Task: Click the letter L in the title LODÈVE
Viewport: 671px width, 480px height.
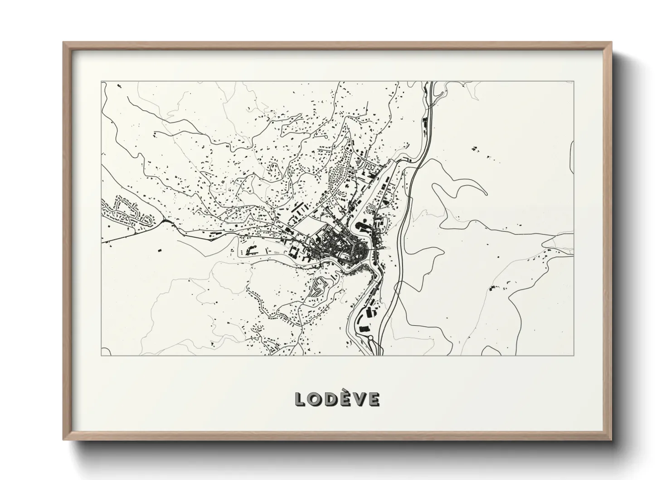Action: click(x=301, y=399)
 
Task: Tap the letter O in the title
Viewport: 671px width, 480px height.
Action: click(x=316, y=399)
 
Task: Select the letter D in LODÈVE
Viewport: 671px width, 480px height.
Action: click(x=331, y=399)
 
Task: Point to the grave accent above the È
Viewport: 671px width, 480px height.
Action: click(x=345, y=391)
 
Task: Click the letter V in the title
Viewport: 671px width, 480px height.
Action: click(x=359, y=399)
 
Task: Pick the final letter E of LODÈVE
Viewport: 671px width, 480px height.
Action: click(x=373, y=399)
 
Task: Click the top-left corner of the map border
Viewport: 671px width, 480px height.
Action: click(x=101, y=82)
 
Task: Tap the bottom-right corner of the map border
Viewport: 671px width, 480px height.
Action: click(x=574, y=355)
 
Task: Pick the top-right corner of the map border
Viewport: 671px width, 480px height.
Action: click(x=574, y=82)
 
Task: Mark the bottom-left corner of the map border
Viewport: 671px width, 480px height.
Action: click(x=101, y=355)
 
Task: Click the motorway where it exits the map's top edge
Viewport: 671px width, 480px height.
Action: click(x=431, y=83)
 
